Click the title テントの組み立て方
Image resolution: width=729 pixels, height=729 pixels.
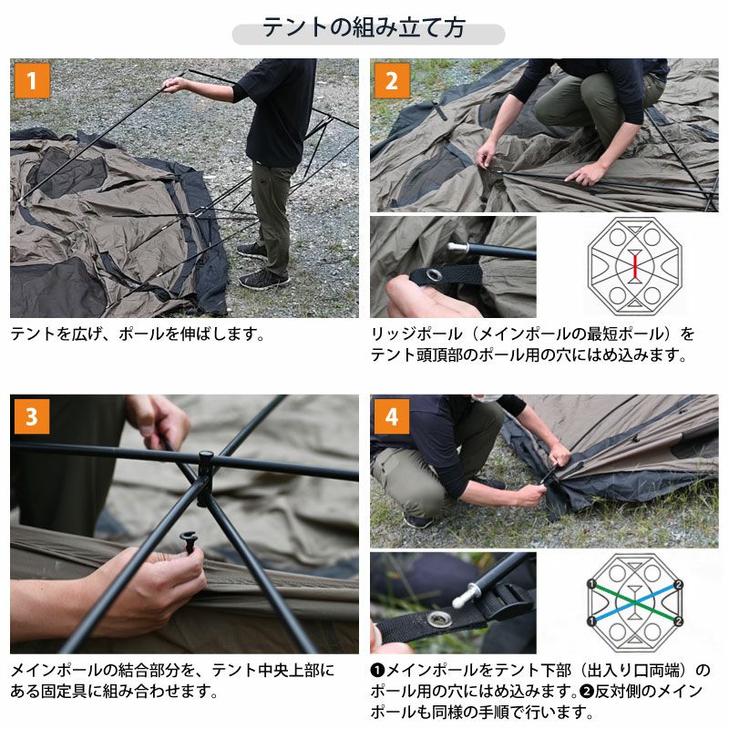pyautogui.click(x=364, y=27)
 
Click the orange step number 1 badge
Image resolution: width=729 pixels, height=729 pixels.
pyautogui.click(x=32, y=81)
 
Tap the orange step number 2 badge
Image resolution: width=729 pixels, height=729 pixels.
pyautogui.click(x=392, y=81)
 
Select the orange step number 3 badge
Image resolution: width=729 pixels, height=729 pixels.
pyautogui.click(x=32, y=416)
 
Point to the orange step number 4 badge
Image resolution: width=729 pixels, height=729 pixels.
pyautogui.click(x=392, y=416)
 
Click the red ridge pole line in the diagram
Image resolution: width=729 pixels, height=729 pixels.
pyautogui.click(x=634, y=266)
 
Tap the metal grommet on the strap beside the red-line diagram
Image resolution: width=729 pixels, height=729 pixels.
pyautogui.click(x=434, y=275)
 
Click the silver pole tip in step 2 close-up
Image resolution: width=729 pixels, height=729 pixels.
pyautogui.click(x=458, y=247)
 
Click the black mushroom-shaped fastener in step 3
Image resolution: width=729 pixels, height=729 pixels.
pyautogui.click(x=189, y=540)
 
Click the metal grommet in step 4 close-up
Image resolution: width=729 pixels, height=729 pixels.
pyautogui.click(x=437, y=619)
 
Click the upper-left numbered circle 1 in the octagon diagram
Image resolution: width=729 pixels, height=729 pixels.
pyautogui.click(x=591, y=584)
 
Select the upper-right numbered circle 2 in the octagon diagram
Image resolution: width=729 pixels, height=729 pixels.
pyautogui.click(x=678, y=584)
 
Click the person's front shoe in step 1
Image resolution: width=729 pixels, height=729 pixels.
pyautogui.click(x=263, y=280)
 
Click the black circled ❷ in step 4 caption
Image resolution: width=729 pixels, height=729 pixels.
pyautogui.click(x=586, y=692)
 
